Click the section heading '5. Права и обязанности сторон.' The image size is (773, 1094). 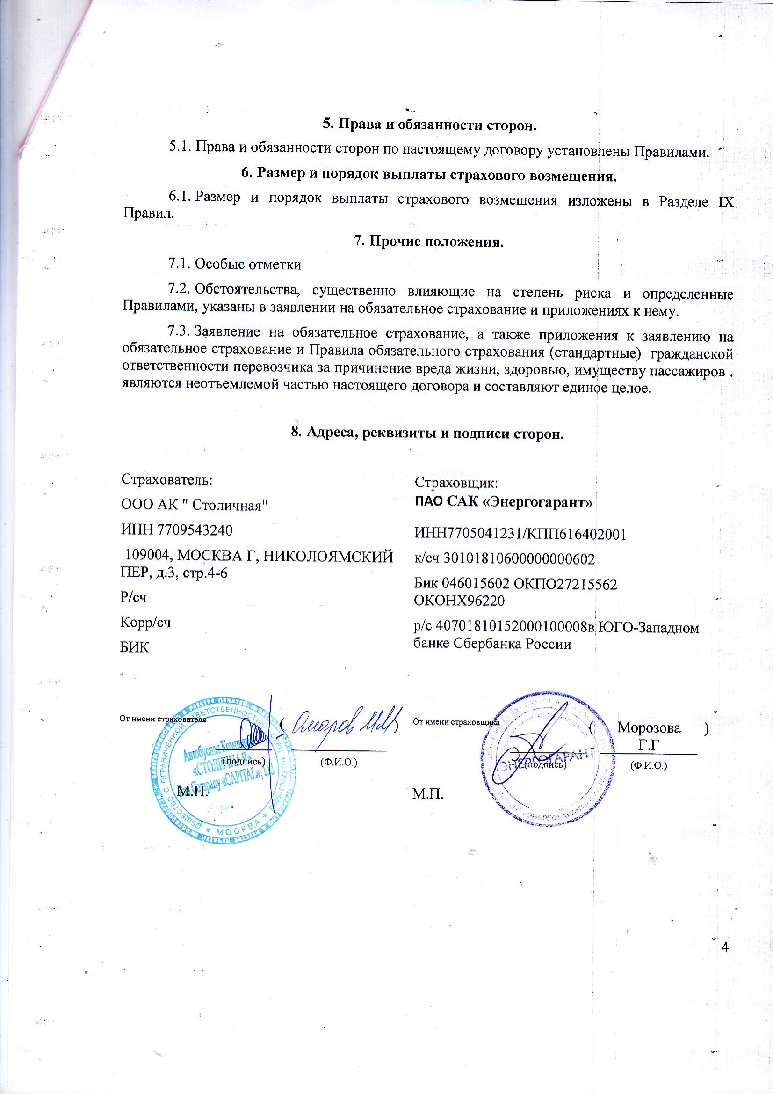pyautogui.click(x=429, y=125)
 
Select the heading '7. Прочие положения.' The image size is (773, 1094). pyautogui.click(x=428, y=242)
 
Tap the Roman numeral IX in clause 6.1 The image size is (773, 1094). pyautogui.click(x=725, y=202)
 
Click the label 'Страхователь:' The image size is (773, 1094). pyautogui.click(x=166, y=479)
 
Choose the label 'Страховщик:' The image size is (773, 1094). pyautogui.click(x=456, y=483)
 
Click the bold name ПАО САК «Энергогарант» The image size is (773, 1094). pyautogui.click(x=503, y=502)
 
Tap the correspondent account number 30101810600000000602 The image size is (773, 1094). pyautogui.click(x=519, y=558)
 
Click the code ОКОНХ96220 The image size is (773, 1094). pyautogui.click(x=459, y=600)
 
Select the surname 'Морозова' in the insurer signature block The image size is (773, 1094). pyautogui.click(x=649, y=727)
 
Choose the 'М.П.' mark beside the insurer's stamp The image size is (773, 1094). pyautogui.click(x=428, y=794)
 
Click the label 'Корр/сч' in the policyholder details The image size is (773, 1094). pyautogui.click(x=145, y=622)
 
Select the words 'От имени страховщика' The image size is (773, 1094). pyautogui.click(x=455, y=722)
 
